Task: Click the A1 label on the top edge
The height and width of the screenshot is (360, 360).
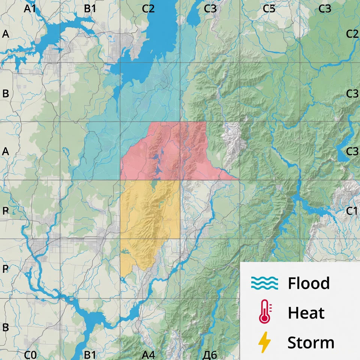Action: tap(30, 9)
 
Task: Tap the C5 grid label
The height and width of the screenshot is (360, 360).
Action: tap(269, 9)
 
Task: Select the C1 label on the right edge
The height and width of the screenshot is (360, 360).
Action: tap(352, 211)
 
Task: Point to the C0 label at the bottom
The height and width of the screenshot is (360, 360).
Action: tap(30, 354)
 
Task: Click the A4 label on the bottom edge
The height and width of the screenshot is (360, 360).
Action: tap(148, 354)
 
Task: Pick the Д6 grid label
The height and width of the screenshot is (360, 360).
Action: tap(209, 354)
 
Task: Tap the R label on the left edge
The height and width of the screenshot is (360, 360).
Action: tap(5, 211)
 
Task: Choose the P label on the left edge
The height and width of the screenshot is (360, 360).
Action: tap(5, 269)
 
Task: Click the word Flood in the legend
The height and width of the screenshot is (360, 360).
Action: tap(309, 283)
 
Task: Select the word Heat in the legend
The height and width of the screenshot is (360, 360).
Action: tap(306, 313)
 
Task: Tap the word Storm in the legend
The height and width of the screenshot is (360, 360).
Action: tap(311, 342)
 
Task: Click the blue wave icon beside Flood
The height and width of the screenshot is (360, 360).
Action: tap(264, 283)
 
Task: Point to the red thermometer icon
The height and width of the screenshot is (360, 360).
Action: tap(265, 312)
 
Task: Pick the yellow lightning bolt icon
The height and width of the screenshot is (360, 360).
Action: tap(264, 342)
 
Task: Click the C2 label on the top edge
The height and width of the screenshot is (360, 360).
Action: tap(148, 9)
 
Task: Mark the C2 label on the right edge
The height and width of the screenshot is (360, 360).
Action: tap(352, 34)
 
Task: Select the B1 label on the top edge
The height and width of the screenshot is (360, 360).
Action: tap(90, 9)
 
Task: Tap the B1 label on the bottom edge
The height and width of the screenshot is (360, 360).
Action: tap(90, 354)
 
